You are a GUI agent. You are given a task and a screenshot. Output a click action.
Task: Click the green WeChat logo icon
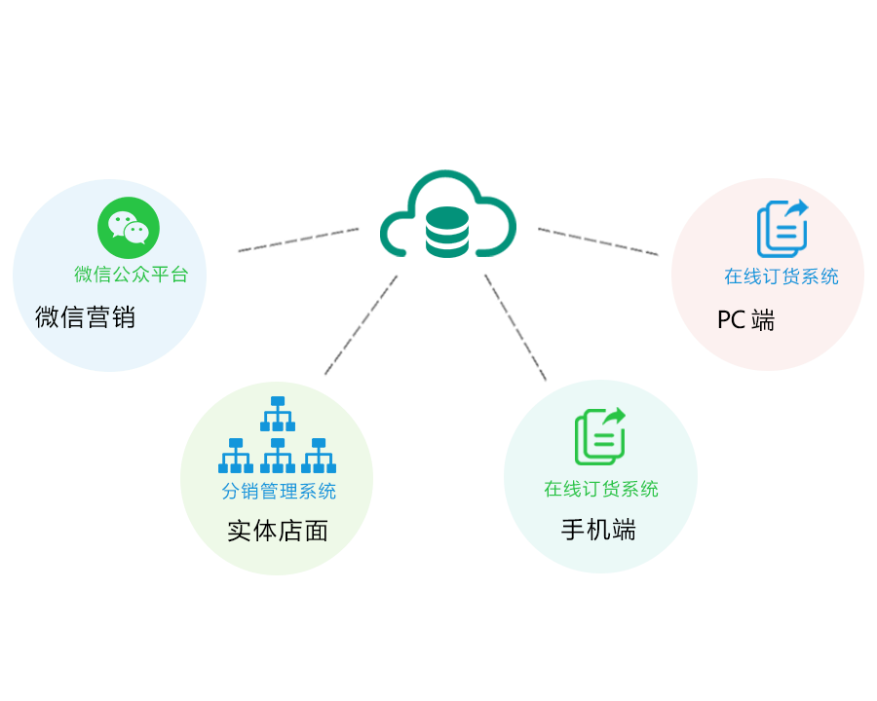pyautogui.click(x=128, y=228)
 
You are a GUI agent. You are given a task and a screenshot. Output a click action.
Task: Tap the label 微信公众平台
pyautogui.click(x=132, y=275)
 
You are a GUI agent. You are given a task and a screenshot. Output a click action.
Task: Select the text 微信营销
pyautogui.click(x=85, y=317)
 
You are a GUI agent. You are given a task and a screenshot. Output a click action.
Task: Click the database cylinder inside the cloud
pyautogui.click(x=447, y=232)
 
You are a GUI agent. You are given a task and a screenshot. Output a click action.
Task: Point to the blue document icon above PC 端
pyautogui.click(x=782, y=229)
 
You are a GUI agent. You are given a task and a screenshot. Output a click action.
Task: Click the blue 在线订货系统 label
pyautogui.click(x=781, y=277)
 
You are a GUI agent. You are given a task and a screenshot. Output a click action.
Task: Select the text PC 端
pyautogui.click(x=745, y=320)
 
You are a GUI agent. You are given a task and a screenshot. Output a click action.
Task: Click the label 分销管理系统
pyautogui.click(x=279, y=492)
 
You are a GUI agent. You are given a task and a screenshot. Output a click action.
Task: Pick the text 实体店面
pyautogui.click(x=278, y=532)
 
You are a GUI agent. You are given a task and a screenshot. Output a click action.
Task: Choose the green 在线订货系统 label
pyautogui.click(x=601, y=489)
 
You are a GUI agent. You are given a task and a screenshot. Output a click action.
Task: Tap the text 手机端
pyautogui.click(x=598, y=530)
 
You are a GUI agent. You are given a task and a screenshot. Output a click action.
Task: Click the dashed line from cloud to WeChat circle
pyautogui.click(x=298, y=240)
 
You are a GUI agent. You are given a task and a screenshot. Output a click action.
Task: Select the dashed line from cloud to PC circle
pyautogui.click(x=598, y=241)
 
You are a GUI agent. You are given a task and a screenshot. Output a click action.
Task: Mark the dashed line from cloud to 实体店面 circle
pyautogui.click(x=361, y=326)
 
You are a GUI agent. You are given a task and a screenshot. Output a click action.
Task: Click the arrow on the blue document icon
pyautogui.click(x=798, y=208)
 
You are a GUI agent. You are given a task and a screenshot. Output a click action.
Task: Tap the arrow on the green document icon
pyautogui.click(x=615, y=416)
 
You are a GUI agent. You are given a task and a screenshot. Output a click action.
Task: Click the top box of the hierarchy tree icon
pyautogui.click(x=278, y=401)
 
